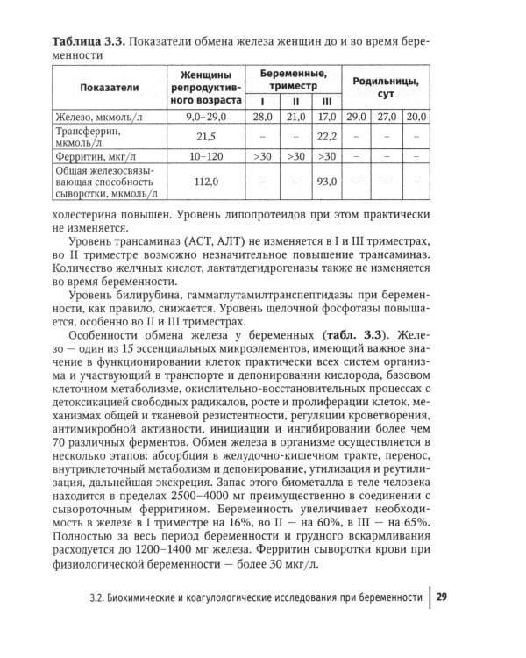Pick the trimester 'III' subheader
tap(326, 101)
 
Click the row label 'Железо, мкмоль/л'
tap(96, 117)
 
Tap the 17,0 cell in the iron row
tap(326, 117)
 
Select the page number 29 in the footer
tap(443, 599)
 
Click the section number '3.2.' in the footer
tap(102, 600)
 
